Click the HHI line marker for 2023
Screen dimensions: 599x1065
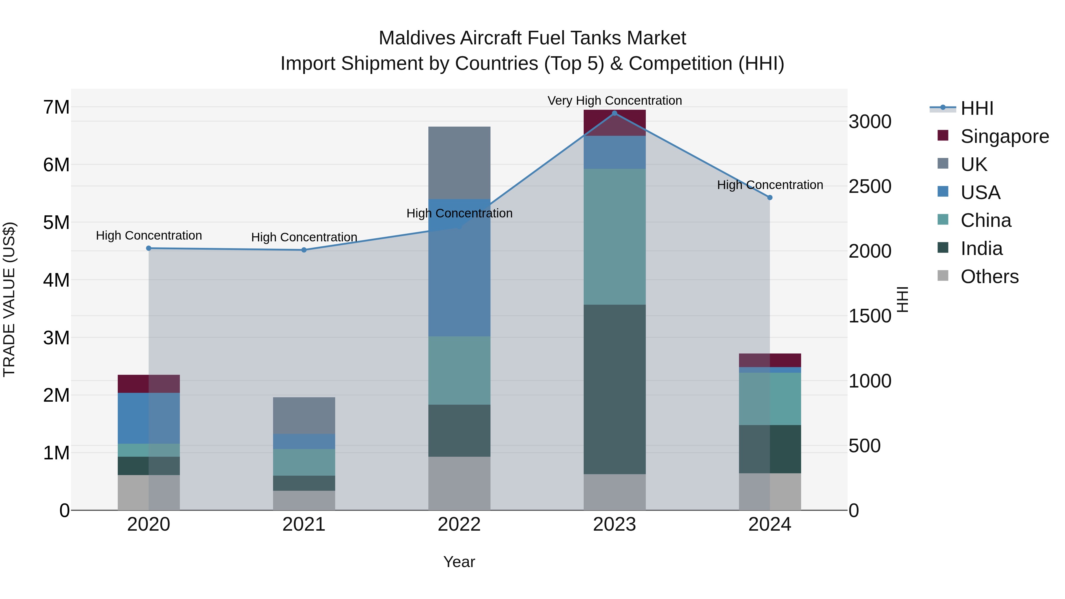(x=614, y=113)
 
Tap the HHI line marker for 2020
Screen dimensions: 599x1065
(x=149, y=248)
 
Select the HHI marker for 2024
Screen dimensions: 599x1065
(x=769, y=198)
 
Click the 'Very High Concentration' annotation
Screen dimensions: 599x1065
(x=614, y=101)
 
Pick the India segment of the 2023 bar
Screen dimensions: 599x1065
(x=614, y=389)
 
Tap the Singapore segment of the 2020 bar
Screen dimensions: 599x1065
(x=149, y=384)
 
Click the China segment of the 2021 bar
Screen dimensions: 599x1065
(x=304, y=462)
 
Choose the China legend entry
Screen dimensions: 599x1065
(x=986, y=220)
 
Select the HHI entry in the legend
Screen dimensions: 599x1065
(x=977, y=108)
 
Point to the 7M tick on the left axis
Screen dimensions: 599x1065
(x=56, y=107)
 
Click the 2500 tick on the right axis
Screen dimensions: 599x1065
(x=870, y=186)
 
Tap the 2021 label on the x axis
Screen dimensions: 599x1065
(x=304, y=524)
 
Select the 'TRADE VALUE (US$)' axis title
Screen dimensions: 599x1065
(x=9, y=299)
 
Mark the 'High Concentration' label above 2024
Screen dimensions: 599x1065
(x=769, y=185)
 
